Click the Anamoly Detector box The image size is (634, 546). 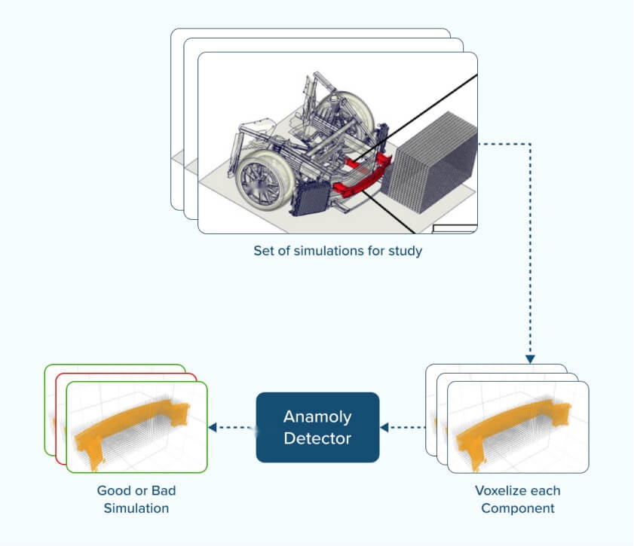coord(317,427)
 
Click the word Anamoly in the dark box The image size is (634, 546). coord(317,416)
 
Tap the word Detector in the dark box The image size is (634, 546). coord(317,438)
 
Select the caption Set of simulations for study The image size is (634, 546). coord(338,251)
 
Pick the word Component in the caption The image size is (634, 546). coord(518,508)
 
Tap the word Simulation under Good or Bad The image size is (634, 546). coord(136,508)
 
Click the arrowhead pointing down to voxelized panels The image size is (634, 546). coord(530,358)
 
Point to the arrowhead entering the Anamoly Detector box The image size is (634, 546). coord(384,427)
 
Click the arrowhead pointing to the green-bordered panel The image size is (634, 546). coord(213,427)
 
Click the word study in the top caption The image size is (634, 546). coord(407,251)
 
